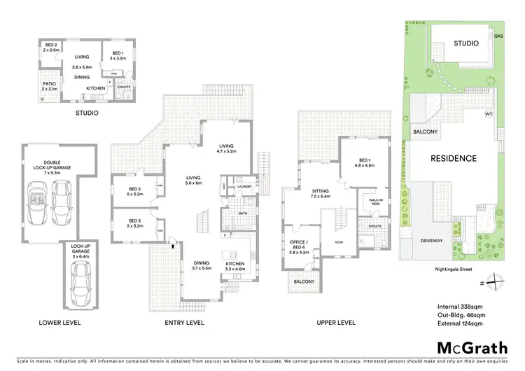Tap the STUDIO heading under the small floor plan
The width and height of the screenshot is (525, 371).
[x=87, y=112]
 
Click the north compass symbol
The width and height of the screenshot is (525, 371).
[x=495, y=282]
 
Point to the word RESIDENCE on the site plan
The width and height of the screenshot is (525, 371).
[x=453, y=158]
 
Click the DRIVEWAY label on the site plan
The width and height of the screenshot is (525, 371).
[x=432, y=240]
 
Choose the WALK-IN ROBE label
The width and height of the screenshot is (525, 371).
[x=371, y=202]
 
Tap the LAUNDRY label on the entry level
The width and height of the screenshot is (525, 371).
[x=244, y=186]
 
